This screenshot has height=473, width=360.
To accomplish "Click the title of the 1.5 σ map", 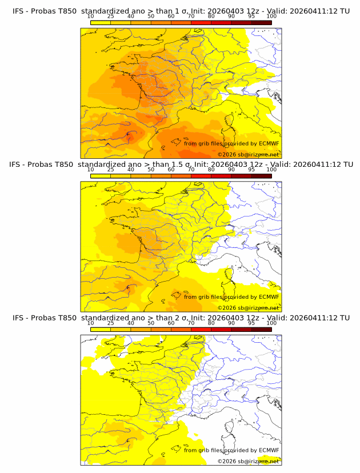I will click(x=181, y=164).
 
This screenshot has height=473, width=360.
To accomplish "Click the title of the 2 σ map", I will click(x=181, y=318).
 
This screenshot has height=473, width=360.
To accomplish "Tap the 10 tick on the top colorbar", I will click(x=91, y=17).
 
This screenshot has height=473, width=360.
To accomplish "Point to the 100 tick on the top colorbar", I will click(x=271, y=17).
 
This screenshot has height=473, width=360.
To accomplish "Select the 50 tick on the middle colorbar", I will click(x=151, y=170).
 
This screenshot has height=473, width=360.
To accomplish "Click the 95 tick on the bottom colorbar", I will click(x=251, y=323).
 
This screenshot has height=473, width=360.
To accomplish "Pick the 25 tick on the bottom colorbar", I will click(x=111, y=323).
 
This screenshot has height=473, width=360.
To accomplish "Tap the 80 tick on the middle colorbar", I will click(x=211, y=170).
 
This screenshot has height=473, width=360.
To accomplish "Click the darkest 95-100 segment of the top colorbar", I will click(x=261, y=22).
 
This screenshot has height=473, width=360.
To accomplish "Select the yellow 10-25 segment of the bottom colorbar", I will click(x=101, y=330).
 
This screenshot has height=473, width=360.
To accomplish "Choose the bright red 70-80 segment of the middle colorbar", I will click(x=201, y=176).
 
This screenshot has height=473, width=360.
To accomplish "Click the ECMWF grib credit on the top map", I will click(x=231, y=143).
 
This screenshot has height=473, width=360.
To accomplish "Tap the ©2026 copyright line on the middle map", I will click(x=249, y=308).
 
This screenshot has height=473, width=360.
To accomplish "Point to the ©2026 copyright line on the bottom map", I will click(x=249, y=462).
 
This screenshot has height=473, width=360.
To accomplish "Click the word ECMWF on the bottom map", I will click(x=269, y=450).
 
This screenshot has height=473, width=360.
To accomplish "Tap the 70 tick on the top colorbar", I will click(x=191, y=17).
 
